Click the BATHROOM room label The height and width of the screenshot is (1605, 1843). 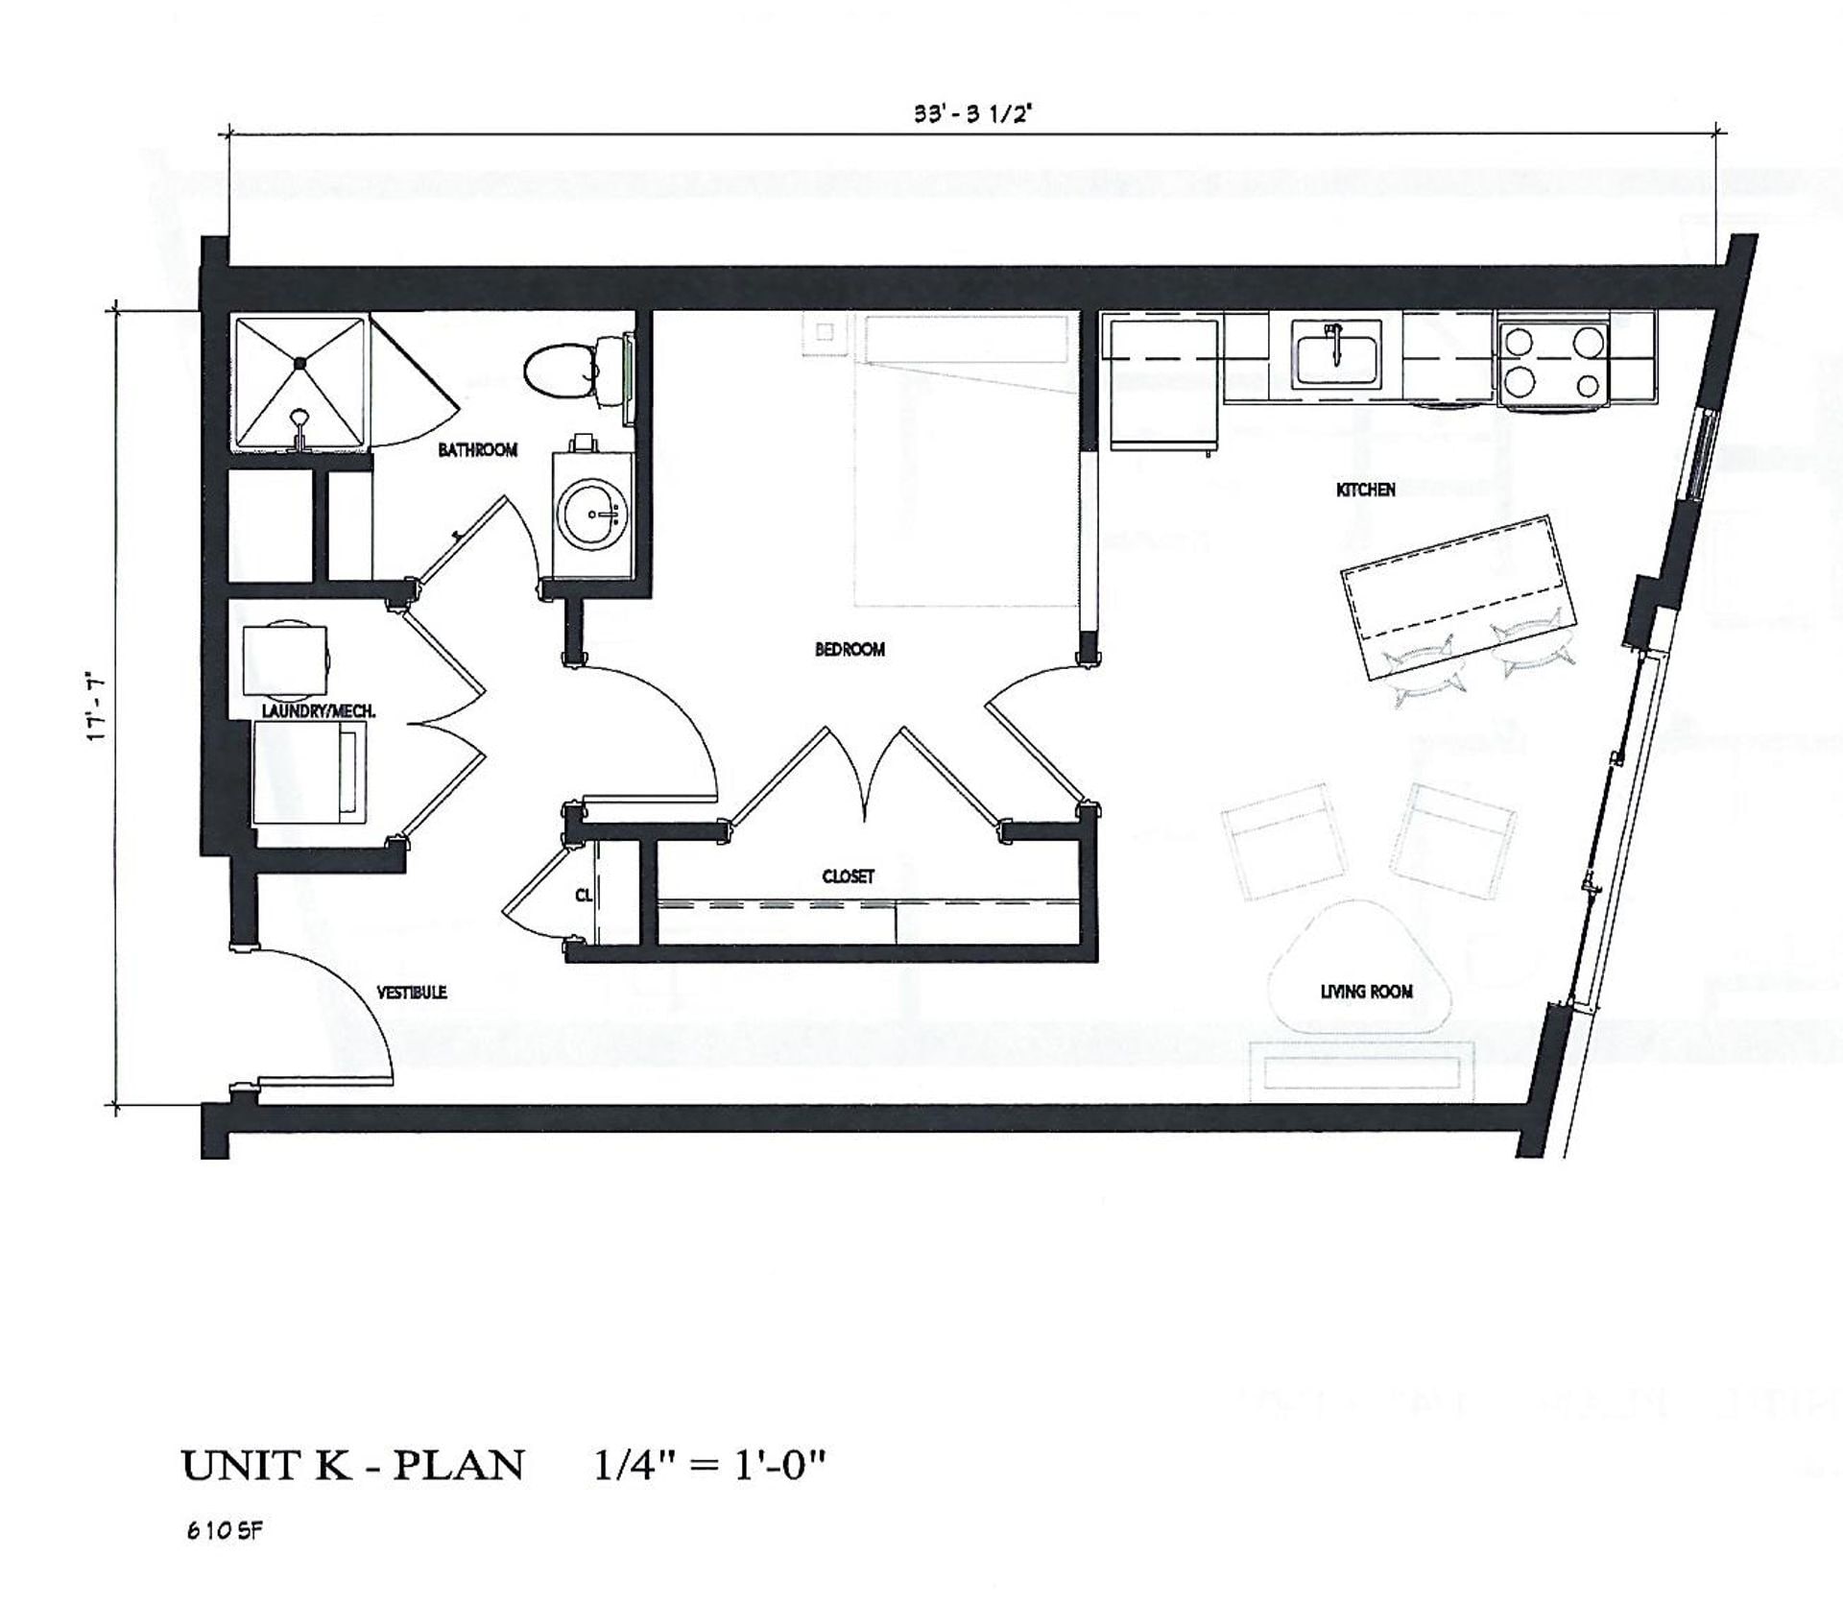click(477, 449)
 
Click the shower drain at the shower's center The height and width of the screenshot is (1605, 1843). click(300, 363)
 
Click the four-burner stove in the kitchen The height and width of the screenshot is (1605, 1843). click(1553, 362)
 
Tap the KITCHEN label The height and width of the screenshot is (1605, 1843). click(1365, 491)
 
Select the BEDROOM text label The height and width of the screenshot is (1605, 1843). click(850, 650)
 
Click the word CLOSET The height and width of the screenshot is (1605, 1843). click(848, 876)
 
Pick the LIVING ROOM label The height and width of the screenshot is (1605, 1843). click(1366, 992)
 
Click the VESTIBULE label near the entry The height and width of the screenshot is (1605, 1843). click(411, 993)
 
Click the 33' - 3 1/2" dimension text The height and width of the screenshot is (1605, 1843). click(971, 113)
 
